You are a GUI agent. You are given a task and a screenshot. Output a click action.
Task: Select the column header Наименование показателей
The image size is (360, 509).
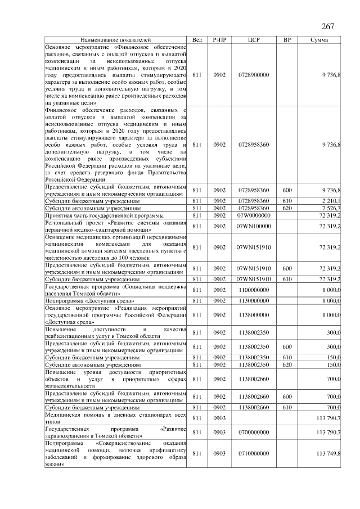(115, 40)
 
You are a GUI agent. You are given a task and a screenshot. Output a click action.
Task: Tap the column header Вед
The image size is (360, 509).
(197, 40)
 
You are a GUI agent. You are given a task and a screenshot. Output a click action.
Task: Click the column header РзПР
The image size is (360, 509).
(220, 40)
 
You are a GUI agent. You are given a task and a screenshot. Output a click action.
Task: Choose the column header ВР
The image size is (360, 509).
(287, 40)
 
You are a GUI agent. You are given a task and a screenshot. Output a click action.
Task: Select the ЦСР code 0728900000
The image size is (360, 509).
(254, 75)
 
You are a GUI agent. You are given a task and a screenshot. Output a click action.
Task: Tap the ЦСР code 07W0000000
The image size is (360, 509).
(254, 215)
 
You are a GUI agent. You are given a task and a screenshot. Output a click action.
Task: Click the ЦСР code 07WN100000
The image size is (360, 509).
(254, 226)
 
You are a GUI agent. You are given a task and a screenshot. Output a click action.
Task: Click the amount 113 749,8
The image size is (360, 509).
(328, 453)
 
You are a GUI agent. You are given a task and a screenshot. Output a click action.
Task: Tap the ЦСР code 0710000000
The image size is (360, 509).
(254, 453)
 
